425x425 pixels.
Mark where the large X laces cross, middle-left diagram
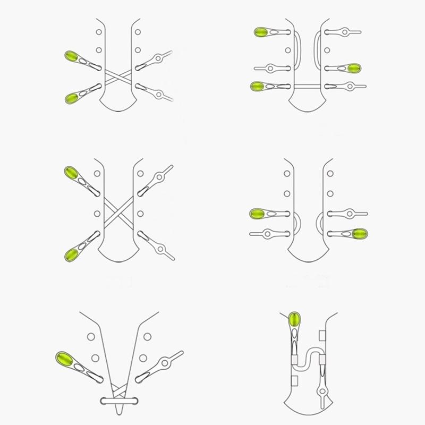click(119, 212)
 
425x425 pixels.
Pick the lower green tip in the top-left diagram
click(73, 97)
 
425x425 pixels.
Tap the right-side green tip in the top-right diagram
click(354, 68)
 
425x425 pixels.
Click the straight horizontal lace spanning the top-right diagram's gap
click(309, 86)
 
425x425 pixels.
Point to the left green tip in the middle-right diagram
click(258, 214)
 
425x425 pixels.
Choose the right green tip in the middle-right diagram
click(360, 233)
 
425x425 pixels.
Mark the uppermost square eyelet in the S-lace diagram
click(321, 335)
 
